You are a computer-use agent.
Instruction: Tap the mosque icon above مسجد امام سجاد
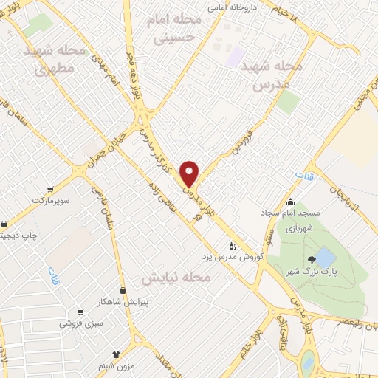(290, 202)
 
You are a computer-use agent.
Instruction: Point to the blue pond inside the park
(326, 258)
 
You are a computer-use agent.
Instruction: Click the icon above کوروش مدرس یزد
(232, 245)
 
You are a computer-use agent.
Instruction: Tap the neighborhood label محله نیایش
(177, 278)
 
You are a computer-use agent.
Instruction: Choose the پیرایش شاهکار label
(103, 301)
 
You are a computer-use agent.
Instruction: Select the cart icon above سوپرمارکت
(49, 189)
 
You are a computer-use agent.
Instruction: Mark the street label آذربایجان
(346, 194)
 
